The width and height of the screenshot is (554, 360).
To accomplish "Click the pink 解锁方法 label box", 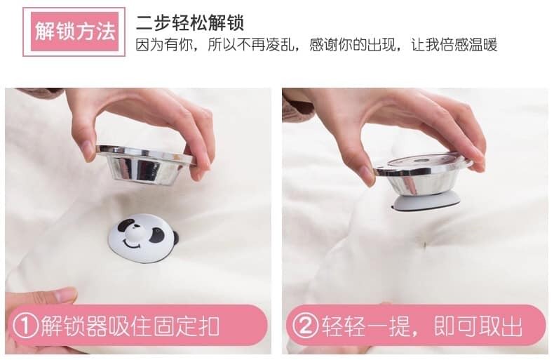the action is pyautogui.click(x=74, y=32).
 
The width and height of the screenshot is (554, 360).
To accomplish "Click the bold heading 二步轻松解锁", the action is pyautogui.click(x=190, y=22).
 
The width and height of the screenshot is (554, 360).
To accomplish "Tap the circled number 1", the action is pyautogui.click(x=25, y=326).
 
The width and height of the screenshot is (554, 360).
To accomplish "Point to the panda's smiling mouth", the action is pyautogui.click(x=132, y=244).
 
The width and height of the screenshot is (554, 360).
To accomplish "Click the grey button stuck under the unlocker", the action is pyautogui.click(x=426, y=203).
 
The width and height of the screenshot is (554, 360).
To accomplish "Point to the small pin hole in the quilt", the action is pyautogui.click(x=425, y=244).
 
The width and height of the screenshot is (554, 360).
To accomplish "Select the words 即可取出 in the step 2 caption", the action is pyautogui.click(x=478, y=326).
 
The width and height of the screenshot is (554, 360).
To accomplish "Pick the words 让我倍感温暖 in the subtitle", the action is pyautogui.click(x=454, y=45).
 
